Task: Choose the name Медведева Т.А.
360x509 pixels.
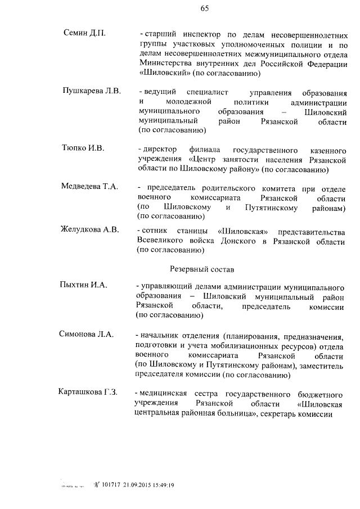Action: click(89, 187)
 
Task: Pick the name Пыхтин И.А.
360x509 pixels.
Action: click(83, 285)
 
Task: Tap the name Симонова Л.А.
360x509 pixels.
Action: click(86, 334)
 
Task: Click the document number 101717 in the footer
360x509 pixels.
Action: click(114, 483)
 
